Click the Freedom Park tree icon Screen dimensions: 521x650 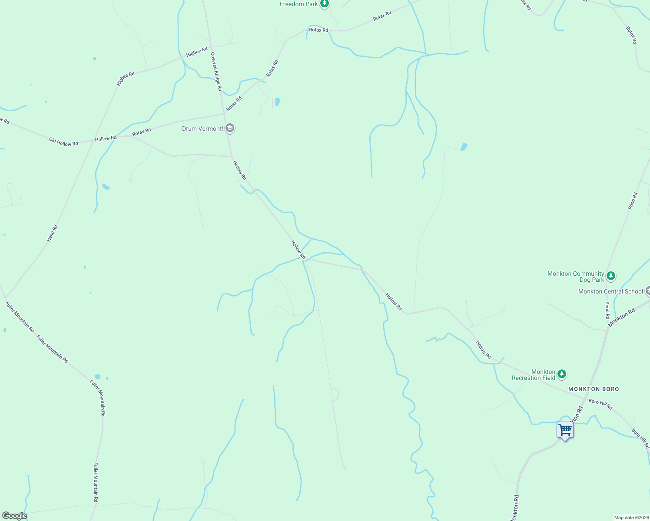click(x=324, y=4)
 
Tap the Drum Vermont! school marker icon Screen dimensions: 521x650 click(x=230, y=128)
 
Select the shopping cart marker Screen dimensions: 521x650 click(x=565, y=430)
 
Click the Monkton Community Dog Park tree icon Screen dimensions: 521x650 click(x=611, y=276)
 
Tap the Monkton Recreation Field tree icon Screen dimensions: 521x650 click(x=562, y=374)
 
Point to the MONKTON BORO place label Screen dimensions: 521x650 click(x=594, y=389)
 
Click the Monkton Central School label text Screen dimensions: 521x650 click(x=610, y=291)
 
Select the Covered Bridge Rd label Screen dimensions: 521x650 click(x=216, y=72)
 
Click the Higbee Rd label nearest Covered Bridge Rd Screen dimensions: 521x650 click(x=197, y=52)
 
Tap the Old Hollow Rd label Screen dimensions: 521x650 click(x=63, y=142)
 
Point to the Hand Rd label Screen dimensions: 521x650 click(x=52, y=233)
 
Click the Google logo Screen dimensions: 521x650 click(x=14, y=516)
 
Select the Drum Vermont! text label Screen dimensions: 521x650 click(x=202, y=129)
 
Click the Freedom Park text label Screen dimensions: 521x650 click(x=299, y=4)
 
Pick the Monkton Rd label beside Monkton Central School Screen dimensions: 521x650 click(x=621, y=317)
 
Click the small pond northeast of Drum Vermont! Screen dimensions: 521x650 click(x=277, y=102)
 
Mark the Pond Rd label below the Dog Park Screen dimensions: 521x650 click(x=607, y=310)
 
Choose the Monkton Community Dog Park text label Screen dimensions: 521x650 click(x=576, y=277)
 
